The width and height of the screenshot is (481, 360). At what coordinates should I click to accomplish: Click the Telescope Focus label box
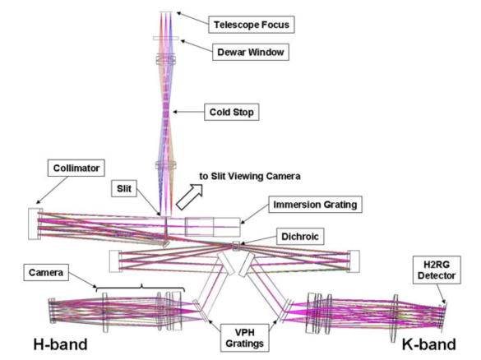(252, 25)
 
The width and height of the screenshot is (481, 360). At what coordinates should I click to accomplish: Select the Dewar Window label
(250, 52)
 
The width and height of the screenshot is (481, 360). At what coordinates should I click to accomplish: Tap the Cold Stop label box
(231, 112)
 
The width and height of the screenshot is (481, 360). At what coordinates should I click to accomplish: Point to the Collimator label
(76, 168)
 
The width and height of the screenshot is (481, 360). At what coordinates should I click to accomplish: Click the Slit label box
(123, 188)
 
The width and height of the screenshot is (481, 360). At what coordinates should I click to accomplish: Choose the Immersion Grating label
(315, 205)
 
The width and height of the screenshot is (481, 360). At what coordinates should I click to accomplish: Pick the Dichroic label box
(300, 237)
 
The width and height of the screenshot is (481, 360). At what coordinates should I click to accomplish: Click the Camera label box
(46, 272)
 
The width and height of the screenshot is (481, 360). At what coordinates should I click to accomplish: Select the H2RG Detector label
(437, 270)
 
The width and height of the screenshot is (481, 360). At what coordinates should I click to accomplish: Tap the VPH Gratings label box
(244, 338)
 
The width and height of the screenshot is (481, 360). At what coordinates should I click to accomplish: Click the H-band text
(60, 344)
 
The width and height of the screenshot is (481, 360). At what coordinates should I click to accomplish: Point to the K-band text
(429, 344)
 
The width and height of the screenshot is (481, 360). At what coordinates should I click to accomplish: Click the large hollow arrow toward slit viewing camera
(189, 197)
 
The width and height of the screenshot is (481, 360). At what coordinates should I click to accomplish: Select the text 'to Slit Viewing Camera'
(250, 177)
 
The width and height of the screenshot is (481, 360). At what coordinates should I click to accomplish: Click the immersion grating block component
(212, 227)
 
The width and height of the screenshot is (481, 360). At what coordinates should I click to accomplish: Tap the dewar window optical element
(166, 39)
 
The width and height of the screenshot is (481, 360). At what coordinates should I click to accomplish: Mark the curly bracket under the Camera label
(141, 288)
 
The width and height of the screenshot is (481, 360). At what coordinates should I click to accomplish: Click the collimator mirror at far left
(35, 224)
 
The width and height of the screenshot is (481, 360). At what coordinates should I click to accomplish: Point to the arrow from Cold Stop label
(188, 112)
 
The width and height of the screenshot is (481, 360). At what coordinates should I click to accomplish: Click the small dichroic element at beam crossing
(236, 246)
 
